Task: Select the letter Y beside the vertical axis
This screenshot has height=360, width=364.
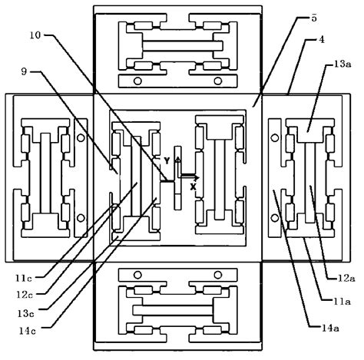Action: [166, 162]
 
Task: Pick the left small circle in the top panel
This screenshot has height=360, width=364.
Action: [138, 81]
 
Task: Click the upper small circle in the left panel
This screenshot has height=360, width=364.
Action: [80, 139]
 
